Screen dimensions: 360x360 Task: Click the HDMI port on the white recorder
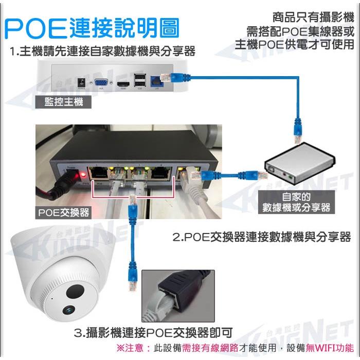pos(122,83)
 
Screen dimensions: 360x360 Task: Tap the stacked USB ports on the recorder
pos(139,80)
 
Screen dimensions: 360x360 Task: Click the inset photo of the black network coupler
pos(175,295)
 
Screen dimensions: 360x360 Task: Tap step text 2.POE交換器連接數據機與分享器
pos(262,237)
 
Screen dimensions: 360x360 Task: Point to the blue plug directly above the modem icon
pos(297,131)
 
